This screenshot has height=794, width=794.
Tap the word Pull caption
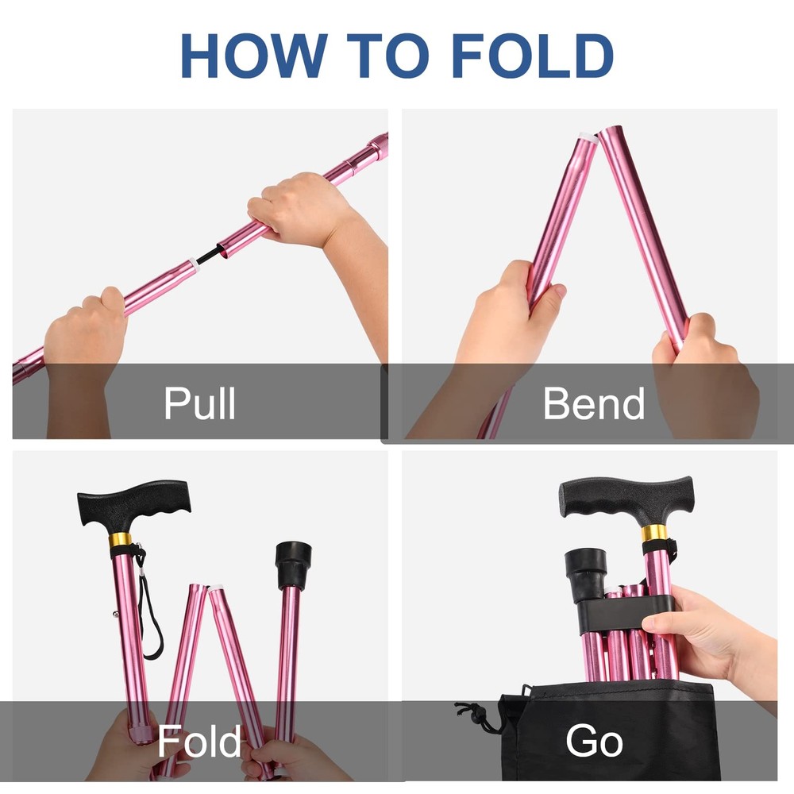pos(199,403)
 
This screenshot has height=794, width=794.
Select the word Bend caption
pos(593,403)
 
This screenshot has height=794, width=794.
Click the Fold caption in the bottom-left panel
pos(199,741)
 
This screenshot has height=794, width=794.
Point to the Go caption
pos(593,741)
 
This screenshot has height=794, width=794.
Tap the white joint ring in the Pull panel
pos(194,264)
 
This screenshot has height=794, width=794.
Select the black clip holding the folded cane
pos(627,612)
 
